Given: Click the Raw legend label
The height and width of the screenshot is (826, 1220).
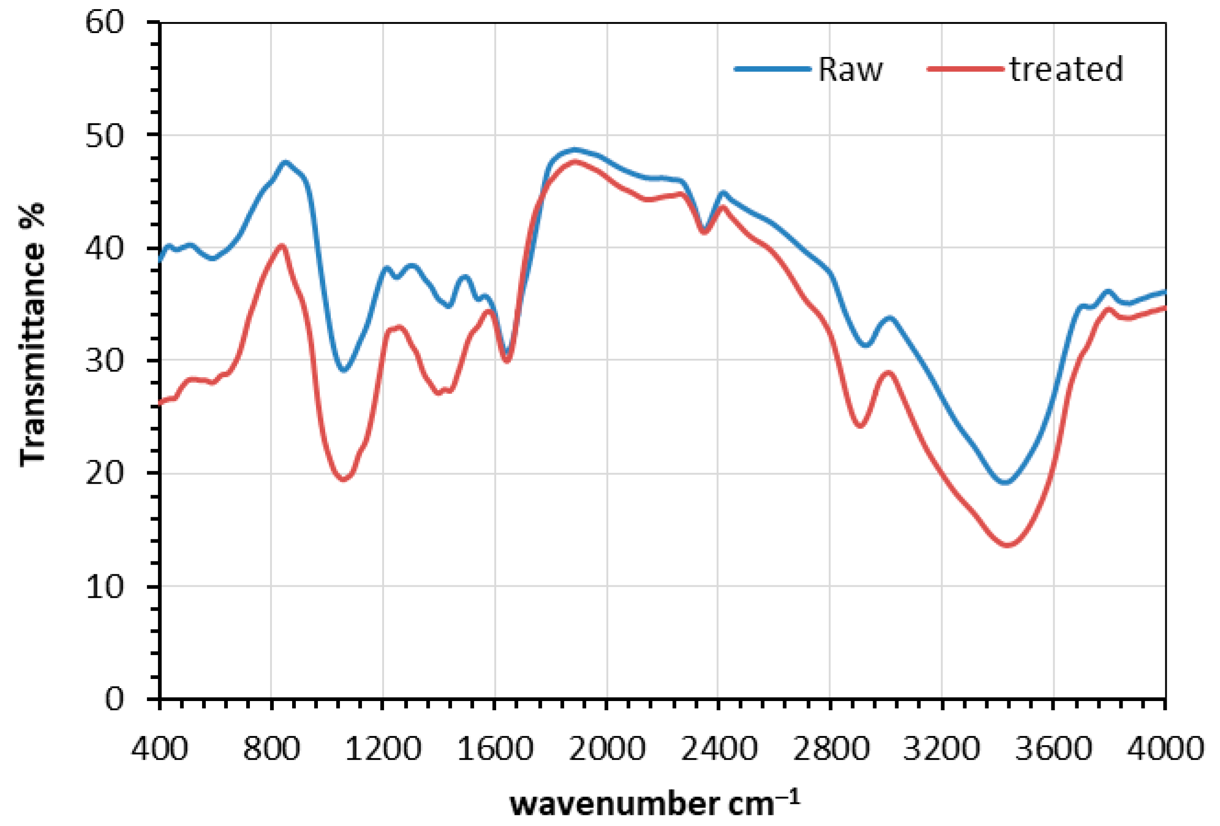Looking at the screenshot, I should click(x=850, y=69).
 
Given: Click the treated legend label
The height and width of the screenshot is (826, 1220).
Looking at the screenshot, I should click(x=1066, y=69).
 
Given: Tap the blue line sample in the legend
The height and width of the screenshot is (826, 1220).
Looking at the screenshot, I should click(x=772, y=69).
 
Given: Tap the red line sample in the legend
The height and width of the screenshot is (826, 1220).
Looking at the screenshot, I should click(x=966, y=69).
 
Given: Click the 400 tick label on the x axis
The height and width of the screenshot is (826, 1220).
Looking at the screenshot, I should click(x=159, y=748).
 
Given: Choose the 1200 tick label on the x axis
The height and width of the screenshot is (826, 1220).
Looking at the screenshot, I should click(x=383, y=748).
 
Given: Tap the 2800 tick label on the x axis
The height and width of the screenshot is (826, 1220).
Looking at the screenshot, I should click(x=830, y=748).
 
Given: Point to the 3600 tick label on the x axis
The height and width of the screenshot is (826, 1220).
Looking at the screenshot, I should click(x=1053, y=748).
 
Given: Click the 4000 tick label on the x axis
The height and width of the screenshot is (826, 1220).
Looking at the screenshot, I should click(x=1165, y=748).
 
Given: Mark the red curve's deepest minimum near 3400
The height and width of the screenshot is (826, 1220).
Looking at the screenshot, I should click(x=1007, y=545).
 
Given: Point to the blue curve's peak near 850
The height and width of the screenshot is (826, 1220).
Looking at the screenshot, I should click(x=286, y=162).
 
